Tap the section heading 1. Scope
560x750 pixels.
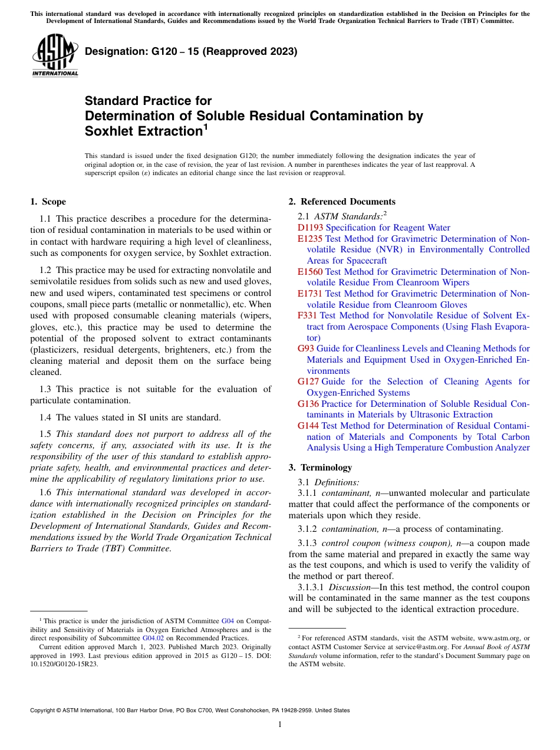48,202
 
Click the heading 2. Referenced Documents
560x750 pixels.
342,202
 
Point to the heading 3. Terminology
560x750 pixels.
320,468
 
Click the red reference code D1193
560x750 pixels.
310,228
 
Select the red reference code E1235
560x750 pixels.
310,239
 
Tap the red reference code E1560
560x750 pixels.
310,272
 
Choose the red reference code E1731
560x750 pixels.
310,294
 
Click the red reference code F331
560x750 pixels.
308,316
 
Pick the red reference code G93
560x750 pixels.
306,348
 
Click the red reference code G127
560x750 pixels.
308,381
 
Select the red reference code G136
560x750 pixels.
308,404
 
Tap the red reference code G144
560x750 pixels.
308,426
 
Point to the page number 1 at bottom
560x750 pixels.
280,724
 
